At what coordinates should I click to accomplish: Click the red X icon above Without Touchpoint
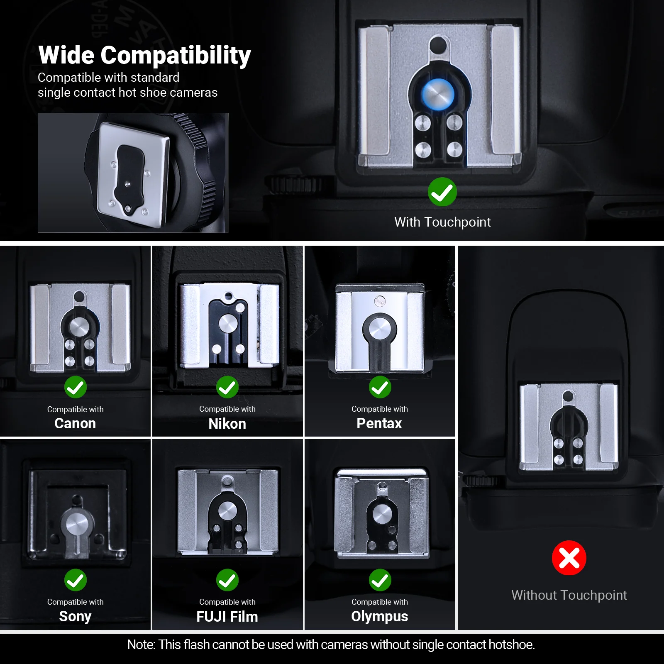coord(569,558)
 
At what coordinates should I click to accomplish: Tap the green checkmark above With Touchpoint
coord(442,192)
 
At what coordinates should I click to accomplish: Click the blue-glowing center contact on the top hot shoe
coord(438,94)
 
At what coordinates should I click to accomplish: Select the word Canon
coord(75,423)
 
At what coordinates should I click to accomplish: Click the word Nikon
coord(227,424)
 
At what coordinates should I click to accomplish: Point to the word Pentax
coord(379,423)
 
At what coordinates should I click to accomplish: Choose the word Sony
coord(75,617)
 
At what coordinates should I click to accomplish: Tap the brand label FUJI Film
coord(227,617)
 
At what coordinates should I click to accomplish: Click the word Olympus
coord(380,617)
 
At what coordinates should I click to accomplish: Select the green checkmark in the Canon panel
coord(76,387)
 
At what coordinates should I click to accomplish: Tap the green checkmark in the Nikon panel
coord(227,387)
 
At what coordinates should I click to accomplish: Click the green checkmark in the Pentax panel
coord(380,387)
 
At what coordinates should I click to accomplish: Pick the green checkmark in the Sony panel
coord(76,580)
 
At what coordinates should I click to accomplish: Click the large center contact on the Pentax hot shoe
coord(380,329)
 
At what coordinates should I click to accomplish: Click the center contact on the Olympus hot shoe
coord(382,513)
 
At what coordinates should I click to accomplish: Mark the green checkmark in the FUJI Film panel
coord(227,580)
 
